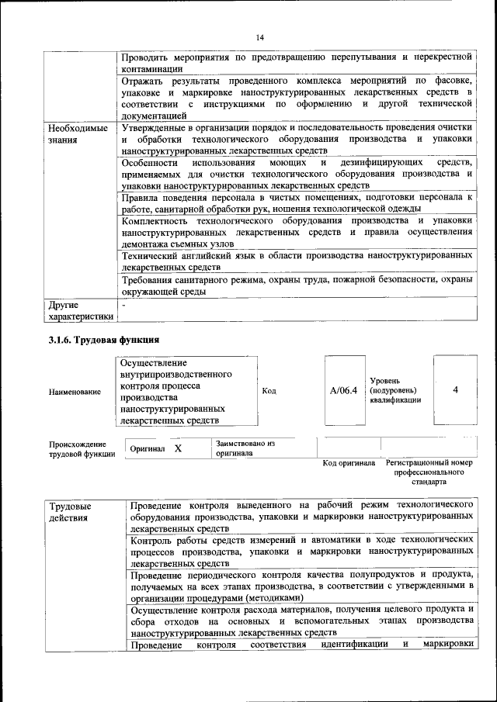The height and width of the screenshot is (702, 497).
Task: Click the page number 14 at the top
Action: point(260,37)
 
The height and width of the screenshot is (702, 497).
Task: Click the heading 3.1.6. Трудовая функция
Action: point(104,340)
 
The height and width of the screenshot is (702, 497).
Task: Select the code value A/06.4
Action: point(343,391)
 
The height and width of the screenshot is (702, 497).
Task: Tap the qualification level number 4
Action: point(455,390)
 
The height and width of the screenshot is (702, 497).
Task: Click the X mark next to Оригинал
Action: point(178,449)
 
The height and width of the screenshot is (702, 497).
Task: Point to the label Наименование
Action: point(75,392)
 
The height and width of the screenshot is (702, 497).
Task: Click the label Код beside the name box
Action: point(269,391)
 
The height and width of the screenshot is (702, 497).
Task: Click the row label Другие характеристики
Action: point(80,310)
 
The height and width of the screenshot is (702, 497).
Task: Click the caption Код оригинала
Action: point(349,463)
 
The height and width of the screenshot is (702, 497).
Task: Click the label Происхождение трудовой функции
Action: point(77,449)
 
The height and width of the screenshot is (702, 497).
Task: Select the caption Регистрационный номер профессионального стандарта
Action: point(429,472)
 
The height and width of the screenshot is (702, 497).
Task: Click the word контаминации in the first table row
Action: point(153,69)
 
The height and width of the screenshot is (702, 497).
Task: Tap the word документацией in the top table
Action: point(159,115)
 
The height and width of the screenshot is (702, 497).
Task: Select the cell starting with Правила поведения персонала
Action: point(297,202)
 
